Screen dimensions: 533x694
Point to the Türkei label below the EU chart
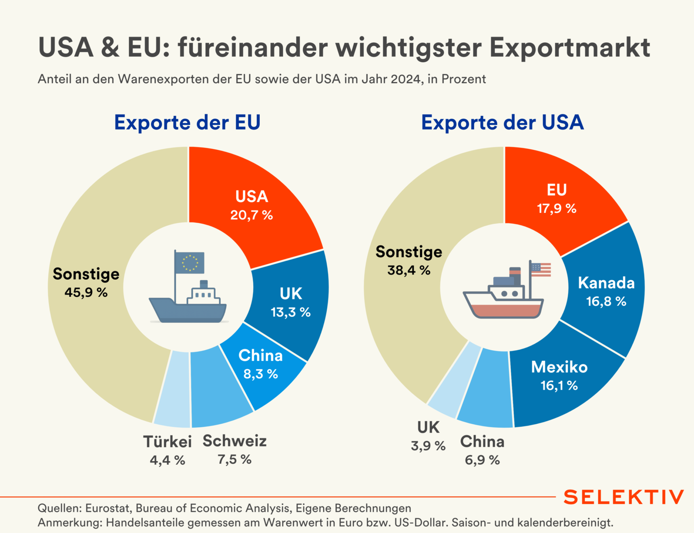click(167, 441)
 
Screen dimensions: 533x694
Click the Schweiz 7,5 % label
click(235, 449)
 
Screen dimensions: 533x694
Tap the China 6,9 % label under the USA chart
click(482, 450)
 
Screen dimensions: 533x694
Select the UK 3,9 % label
click(428, 436)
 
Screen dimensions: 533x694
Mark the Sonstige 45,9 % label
click(86, 282)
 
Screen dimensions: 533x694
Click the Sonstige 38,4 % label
click(409, 260)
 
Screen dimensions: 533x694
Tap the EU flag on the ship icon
click(190, 263)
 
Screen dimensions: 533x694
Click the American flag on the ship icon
click(541, 269)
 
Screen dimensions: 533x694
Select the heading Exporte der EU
click(187, 122)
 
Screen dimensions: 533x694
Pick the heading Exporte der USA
click(502, 122)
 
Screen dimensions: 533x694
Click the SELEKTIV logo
click(624, 497)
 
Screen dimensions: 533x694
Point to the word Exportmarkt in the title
click(570, 48)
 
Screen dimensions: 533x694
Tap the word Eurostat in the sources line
click(108, 508)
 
